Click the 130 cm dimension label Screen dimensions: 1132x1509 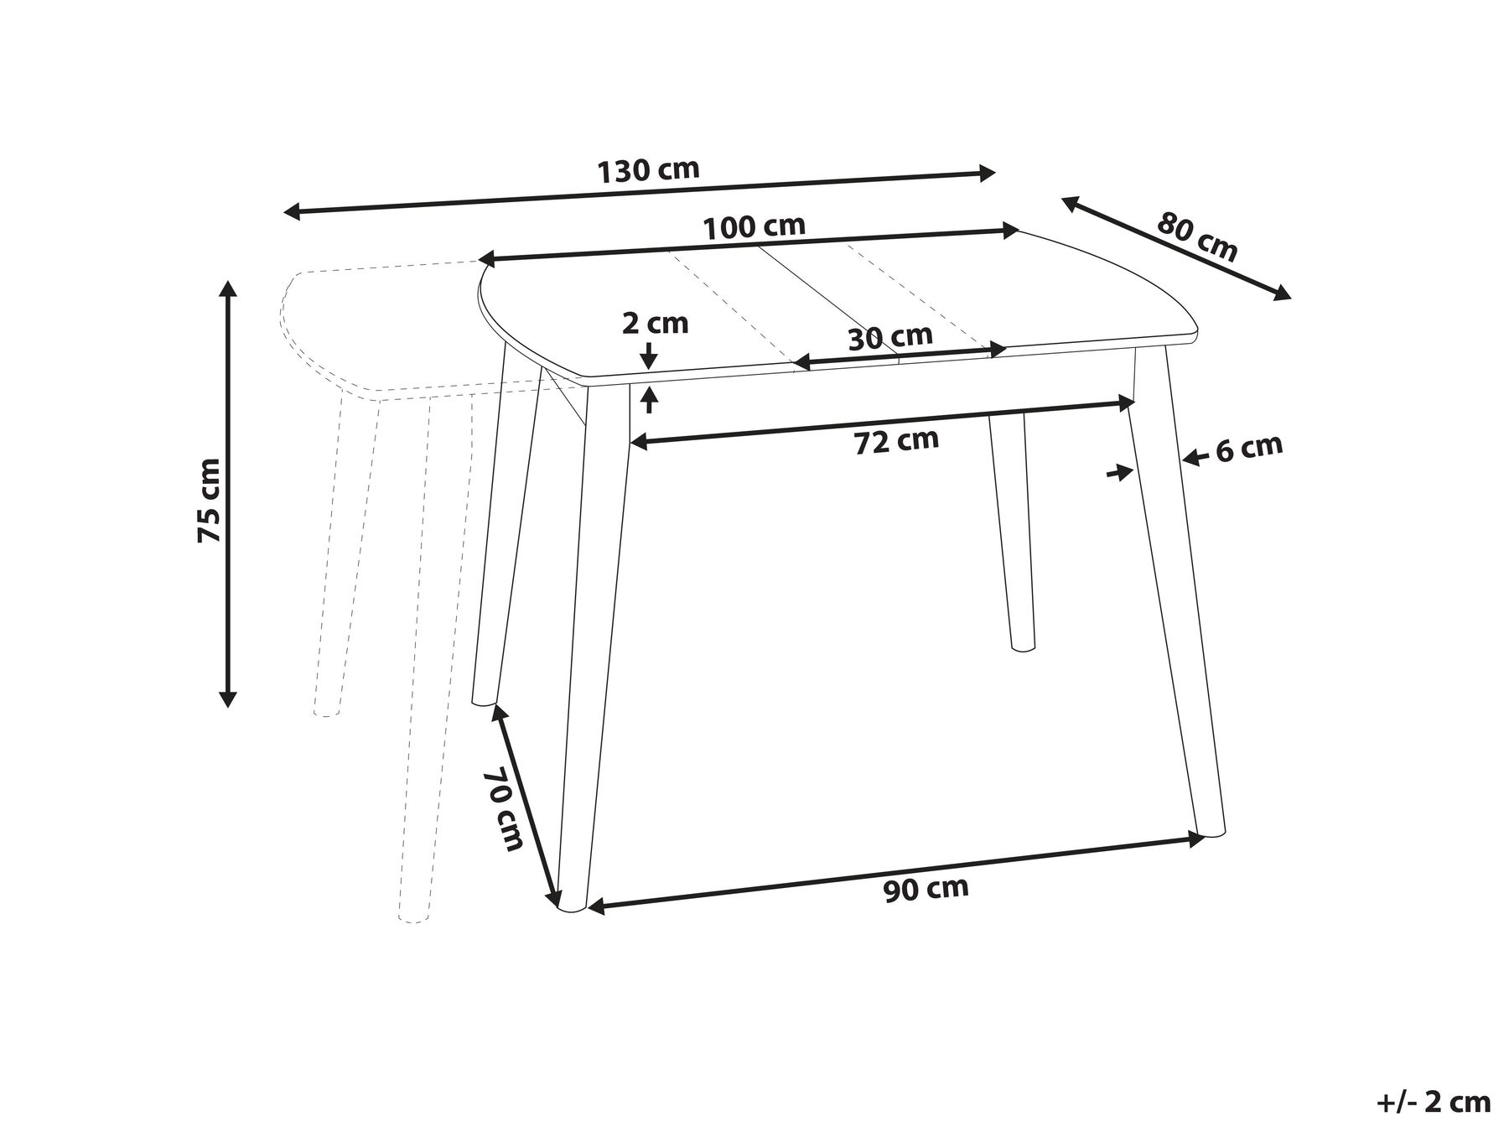pos(647,170)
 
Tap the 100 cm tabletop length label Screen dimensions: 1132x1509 pos(754,226)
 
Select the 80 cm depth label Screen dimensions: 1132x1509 pos(1196,237)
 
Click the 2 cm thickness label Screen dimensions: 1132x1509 pos(655,323)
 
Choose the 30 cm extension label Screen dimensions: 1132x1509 pos(889,337)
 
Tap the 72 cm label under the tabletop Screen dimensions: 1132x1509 pos(896,440)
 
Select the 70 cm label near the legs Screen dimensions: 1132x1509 pos(504,809)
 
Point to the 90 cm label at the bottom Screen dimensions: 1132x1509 pos(926,888)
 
